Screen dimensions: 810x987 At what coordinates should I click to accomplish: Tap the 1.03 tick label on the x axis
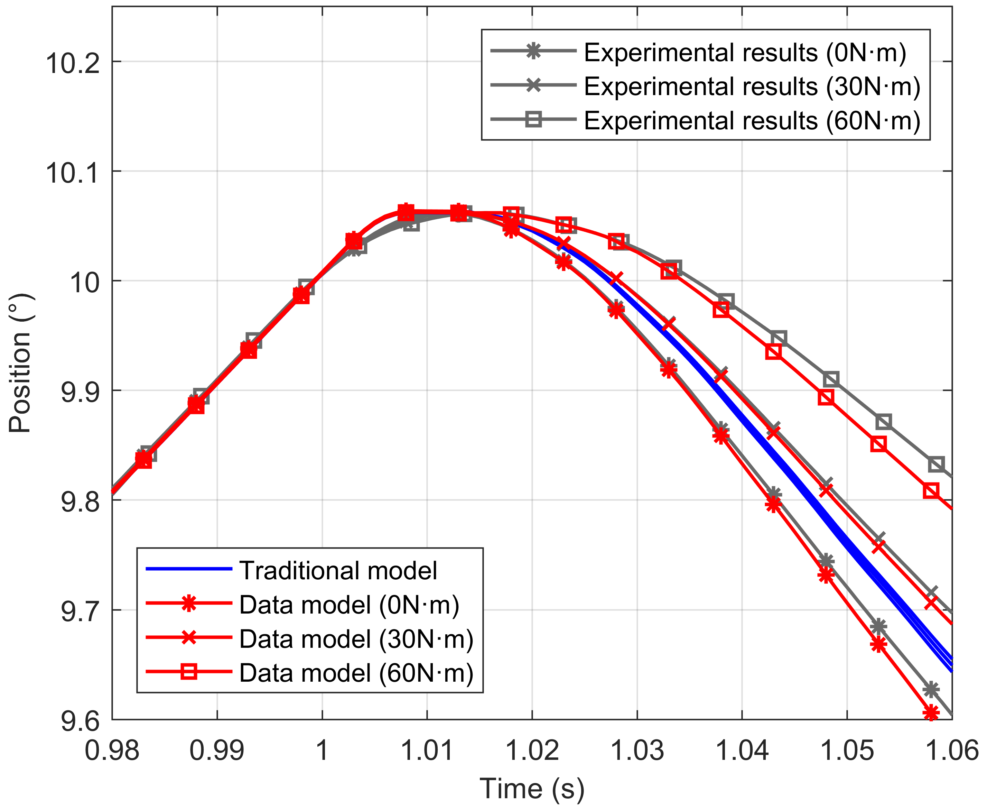tap(637, 751)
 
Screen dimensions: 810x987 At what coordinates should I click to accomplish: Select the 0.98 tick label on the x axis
tap(112, 751)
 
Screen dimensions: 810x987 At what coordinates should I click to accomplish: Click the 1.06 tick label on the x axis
tap(951, 751)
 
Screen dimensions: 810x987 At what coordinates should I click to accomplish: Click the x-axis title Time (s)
tap(532, 789)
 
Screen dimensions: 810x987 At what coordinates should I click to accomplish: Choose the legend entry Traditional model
tap(338, 570)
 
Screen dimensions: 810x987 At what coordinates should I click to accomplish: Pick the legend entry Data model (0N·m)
tap(349, 605)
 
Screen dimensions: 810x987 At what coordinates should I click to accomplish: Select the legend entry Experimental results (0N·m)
tap(745, 52)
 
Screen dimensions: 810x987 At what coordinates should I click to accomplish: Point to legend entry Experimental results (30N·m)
tap(752, 86)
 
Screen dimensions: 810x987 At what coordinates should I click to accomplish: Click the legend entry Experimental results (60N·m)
tap(752, 120)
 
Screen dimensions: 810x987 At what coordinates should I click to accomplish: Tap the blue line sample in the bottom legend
tap(189, 569)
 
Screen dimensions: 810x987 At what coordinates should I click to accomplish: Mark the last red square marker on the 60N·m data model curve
tap(931, 491)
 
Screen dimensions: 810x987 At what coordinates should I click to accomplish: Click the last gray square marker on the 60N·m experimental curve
tap(936, 465)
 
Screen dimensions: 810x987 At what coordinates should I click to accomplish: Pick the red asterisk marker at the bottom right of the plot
tap(931, 713)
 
